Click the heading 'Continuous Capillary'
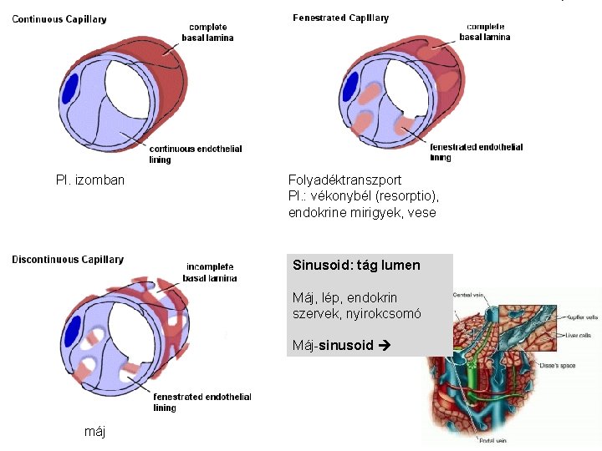tap(59, 19)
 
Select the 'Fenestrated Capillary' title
tap(340, 18)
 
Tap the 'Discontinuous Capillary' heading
tap(68, 260)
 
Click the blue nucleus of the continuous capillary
tap(71, 88)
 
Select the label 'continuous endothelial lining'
tap(196, 154)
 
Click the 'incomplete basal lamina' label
tap(210, 272)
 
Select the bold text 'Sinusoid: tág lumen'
tap(356, 266)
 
